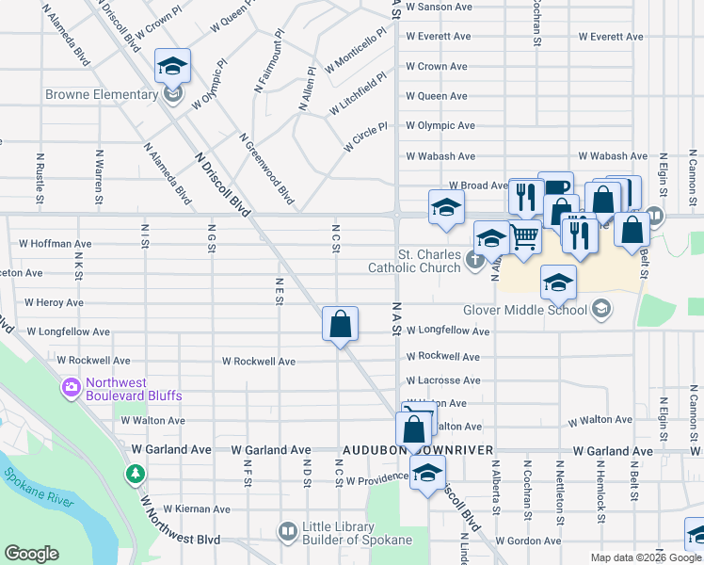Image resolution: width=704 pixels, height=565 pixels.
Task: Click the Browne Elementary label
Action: coord(103,94)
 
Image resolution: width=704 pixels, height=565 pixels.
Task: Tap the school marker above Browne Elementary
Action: coord(172,66)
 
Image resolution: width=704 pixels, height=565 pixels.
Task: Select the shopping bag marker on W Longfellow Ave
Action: coord(341,324)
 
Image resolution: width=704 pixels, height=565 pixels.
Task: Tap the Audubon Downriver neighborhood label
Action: coord(419,451)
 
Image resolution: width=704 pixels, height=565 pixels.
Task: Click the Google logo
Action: coord(31,554)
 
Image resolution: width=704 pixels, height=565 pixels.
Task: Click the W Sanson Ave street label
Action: coord(438,7)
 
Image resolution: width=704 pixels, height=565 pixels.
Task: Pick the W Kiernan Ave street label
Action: coord(196,509)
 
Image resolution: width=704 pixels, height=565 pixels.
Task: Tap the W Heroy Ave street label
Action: coord(55,302)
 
